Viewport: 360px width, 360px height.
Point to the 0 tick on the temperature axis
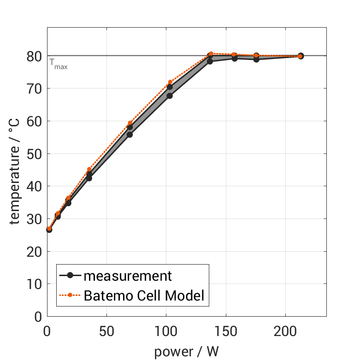coord(39,317)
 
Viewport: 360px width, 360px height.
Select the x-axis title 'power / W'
coord(186,352)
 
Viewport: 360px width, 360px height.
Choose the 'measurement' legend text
coord(128,276)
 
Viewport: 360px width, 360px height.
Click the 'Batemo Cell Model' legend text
coord(143,295)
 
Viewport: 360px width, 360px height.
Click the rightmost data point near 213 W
coord(301,56)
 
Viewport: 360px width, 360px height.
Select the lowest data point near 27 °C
coord(49,229)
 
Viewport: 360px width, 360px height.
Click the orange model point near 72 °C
coord(170,82)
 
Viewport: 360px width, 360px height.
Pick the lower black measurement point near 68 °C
coord(170,96)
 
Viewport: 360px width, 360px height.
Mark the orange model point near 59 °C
coord(130,123)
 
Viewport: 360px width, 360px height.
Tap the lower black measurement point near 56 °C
coord(130,135)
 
